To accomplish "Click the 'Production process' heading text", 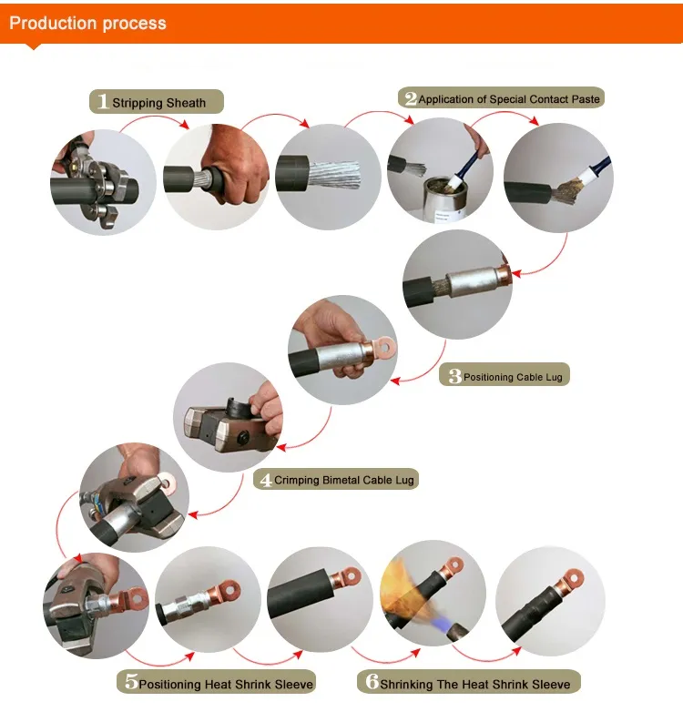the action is tap(87, 23).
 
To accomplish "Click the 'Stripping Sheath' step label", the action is tap(159, 103).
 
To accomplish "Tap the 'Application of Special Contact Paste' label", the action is tap(509, 99).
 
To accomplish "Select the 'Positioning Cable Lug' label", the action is tap(513, 377).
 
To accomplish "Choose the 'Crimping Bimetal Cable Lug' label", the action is tap(343, 481).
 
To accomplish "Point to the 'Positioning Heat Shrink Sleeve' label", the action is tap(226, 685).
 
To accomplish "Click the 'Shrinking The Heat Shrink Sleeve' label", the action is tap(475, 685).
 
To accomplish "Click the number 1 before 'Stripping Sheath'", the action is tap(103, 101).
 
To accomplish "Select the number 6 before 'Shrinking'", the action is tap(372, 681).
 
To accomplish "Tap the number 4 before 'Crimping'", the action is tap(266, 480).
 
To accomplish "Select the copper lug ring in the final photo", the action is tap(573, 579).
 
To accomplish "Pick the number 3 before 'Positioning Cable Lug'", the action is tap(455, 376).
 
